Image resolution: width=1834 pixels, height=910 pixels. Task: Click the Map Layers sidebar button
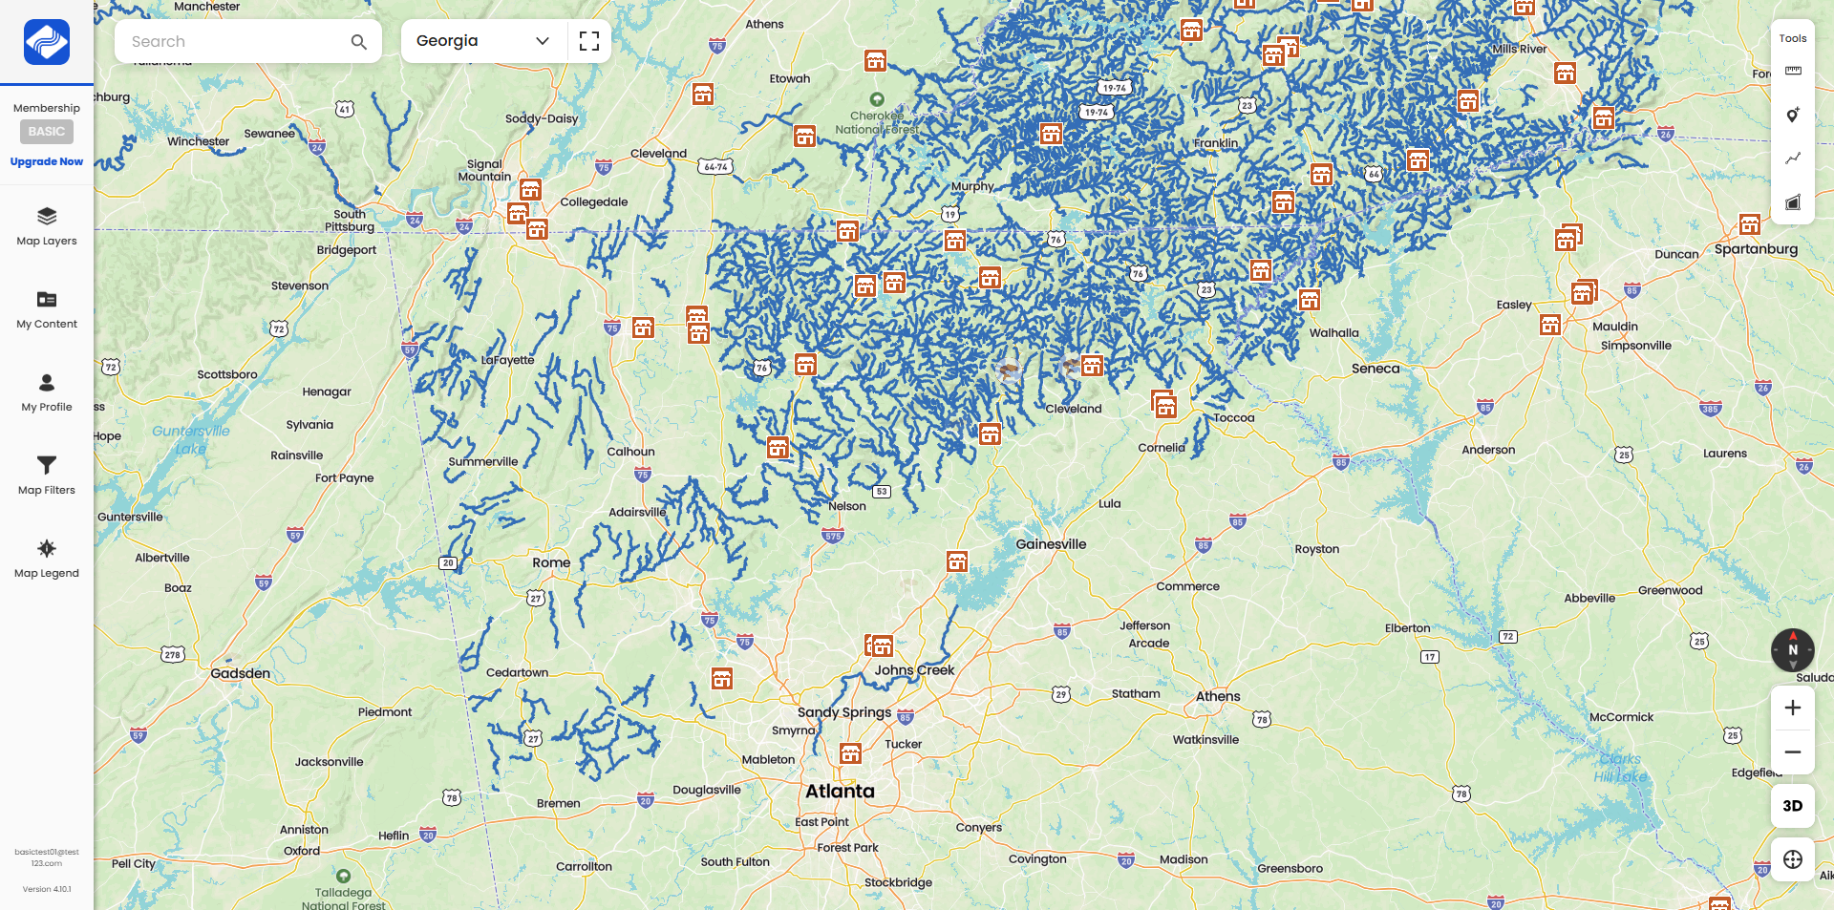pos(46,226)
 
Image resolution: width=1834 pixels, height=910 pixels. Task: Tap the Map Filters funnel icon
pos(46,466)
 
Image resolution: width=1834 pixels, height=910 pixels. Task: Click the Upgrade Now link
pos(46,161)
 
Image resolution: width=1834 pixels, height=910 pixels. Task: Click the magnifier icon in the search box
pos(358,42)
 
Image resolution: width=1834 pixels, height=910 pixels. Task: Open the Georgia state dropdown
pos(482,41)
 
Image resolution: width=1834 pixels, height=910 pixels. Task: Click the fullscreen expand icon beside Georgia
pos(589,41)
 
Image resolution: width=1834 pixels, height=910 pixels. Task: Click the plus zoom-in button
pos(1792,708)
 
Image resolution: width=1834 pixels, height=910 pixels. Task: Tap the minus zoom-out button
pos(1792,752)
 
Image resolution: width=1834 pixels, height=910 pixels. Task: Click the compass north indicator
pos(1792,649)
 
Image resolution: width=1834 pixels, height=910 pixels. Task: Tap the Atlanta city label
pos(840,792)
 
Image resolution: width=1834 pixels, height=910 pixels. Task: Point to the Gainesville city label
pos(1051,544)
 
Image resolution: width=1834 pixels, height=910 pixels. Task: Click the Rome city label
pos(551,562)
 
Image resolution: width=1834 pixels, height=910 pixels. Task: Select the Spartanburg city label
pos(1756,249)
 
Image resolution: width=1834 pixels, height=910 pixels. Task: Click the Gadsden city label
pos(240,673)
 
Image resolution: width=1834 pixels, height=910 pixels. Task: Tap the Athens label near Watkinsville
pos(1218,696)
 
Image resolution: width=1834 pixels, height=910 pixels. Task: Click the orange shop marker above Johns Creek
pos(882,646)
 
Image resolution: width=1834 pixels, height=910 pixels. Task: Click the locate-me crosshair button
pos(1792,859)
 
